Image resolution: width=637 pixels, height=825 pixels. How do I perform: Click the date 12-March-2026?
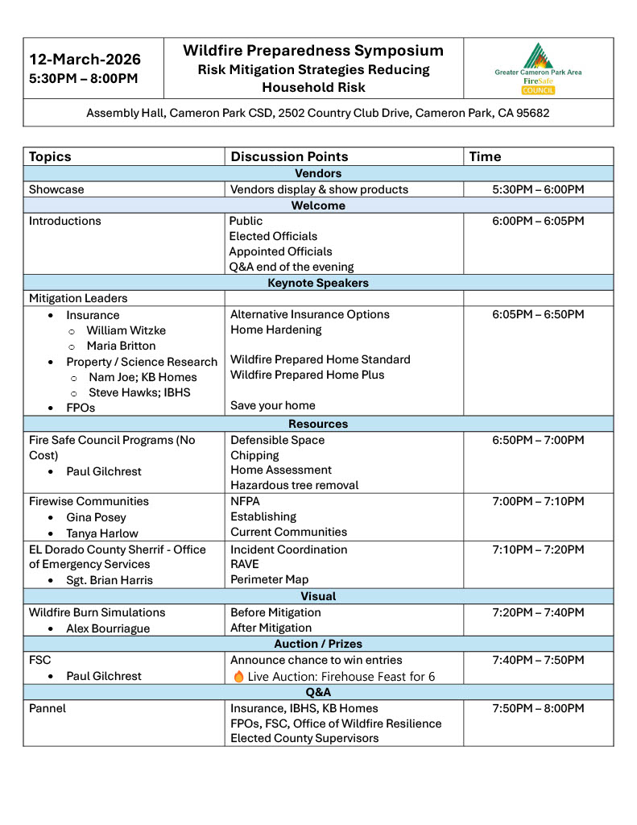point(85,60)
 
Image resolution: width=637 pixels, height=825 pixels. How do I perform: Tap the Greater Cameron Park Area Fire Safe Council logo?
point(538,68)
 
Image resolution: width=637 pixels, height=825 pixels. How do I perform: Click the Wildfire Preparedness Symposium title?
point(313,51)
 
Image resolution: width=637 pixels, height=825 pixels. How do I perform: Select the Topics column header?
point(50,156)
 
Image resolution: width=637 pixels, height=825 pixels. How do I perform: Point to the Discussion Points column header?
point(289,156)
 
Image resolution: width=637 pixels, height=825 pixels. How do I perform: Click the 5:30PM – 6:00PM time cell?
point(538,189)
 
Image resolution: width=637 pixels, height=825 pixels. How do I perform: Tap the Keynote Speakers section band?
point(318,283)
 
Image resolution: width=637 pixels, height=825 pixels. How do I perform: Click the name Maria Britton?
point(122,346)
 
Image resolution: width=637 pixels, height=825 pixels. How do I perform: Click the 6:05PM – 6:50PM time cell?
point(538,314)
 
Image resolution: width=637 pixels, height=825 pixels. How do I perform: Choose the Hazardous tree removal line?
point(295,485)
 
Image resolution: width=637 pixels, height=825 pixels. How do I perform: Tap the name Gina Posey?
point(97,517)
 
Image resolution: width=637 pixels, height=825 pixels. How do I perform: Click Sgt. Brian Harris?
point(110,580)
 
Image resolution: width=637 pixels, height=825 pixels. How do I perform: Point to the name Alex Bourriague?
point(108,628)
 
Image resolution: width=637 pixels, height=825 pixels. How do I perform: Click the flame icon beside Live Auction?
point(238,677)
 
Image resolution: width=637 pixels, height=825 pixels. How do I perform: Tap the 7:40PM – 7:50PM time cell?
point(538,660)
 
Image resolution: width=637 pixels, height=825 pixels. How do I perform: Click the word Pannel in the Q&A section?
point(48,708)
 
